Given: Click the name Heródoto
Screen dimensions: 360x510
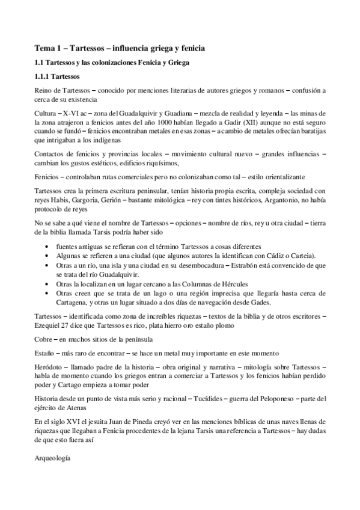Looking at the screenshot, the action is pyautogui.click(x=49, y=367).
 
